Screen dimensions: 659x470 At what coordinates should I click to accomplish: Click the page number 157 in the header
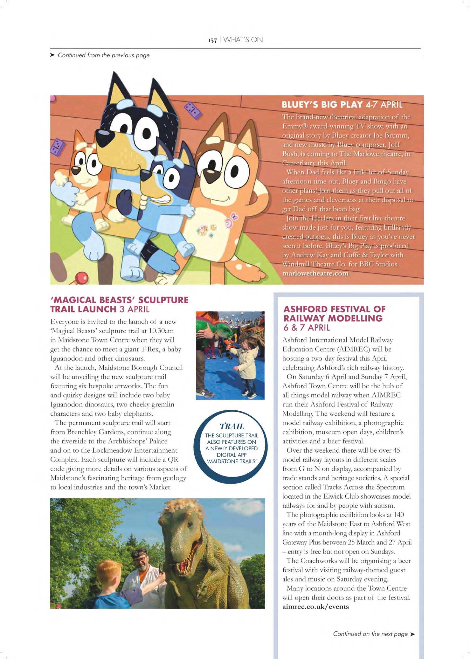click(x=213, y=40)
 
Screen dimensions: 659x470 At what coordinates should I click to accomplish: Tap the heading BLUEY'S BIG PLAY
click(x=322, y=105)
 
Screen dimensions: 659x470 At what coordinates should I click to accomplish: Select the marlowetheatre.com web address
click(x=315, y=273)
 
